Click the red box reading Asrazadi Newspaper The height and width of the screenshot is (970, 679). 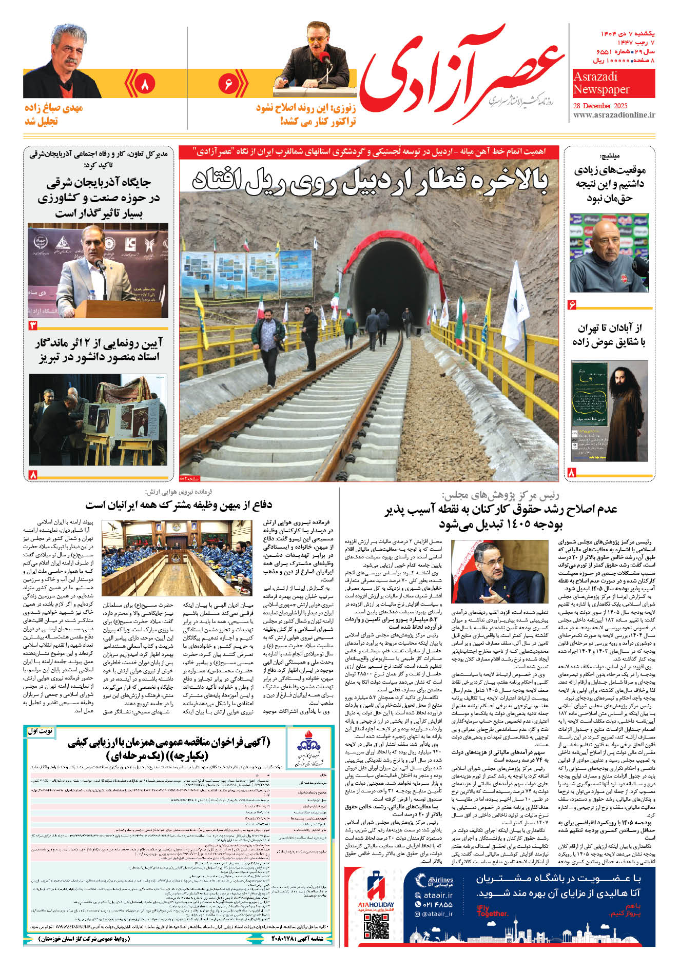(613, 83)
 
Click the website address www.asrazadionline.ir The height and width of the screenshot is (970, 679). (614, 115)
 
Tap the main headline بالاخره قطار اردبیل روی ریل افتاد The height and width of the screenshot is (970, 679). (370, 180)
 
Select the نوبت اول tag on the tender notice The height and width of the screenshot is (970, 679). (41, 731)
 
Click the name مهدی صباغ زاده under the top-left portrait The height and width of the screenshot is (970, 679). (53, 108)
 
